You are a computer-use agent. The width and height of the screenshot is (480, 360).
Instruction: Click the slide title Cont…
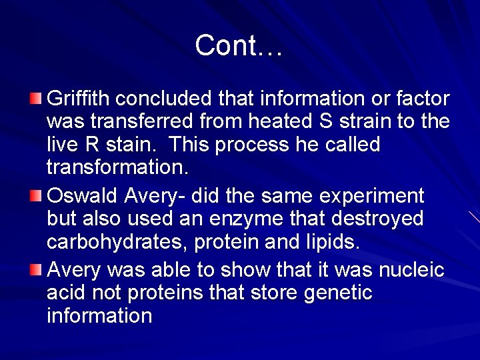tap(239, 45)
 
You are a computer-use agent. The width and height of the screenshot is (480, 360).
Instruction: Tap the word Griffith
tap(78, 99)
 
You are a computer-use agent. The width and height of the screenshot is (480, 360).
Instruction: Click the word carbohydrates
tap(117, 242)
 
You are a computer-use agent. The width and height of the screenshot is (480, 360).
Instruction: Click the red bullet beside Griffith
tap(35, 99)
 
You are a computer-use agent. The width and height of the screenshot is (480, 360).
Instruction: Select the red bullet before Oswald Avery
tap(35, 197)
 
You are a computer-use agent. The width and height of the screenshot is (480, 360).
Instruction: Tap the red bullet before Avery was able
tap(35, 270)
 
